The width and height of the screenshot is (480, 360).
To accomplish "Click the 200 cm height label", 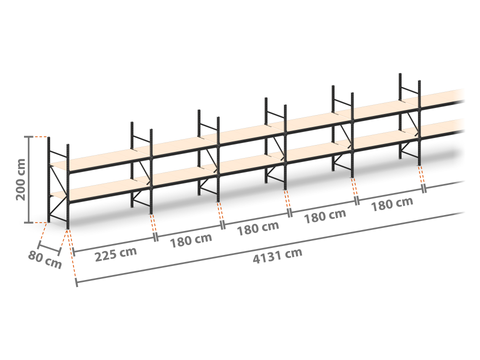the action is click(21, 179).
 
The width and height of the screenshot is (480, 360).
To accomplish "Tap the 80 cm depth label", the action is click(45, 260).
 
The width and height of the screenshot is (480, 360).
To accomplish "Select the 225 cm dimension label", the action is click(116, 254).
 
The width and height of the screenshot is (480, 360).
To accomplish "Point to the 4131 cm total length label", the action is click(277, 256).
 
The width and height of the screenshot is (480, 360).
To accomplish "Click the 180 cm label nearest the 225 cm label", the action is click(191, 241).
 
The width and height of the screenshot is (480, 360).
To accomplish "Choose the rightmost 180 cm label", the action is click(392, 204).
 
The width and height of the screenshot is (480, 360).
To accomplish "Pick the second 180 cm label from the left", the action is click(258, 228).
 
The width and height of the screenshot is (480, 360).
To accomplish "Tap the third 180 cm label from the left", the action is click(325, 216).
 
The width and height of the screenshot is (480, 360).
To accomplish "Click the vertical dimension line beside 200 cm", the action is click(29, 179).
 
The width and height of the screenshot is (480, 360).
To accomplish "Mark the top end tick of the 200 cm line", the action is click(29, 137).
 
